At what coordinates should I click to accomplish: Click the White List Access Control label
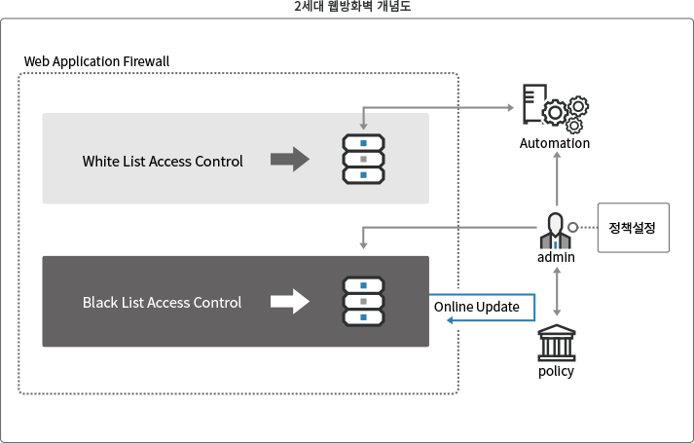pyautogui.click(x=163, y=161)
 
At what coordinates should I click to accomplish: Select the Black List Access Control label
pyautogui.click(x=162, y=303)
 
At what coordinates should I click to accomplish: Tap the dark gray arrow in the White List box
pyautogui.click(x=288, y=160)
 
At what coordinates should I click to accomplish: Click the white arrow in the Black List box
pyautogui.click(x=288, y=302)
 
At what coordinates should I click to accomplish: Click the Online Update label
pyautogui.click(x=476, y=308)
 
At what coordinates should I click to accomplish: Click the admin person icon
pyautogui.click(x=555, y=232)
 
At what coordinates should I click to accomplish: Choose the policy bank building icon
pyautogui.click(x=556, y=345)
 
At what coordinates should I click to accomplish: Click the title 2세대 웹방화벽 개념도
pyautogui.click(x=347, y=6)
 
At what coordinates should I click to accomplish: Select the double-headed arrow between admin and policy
pyautogui.click(x=556, y=292)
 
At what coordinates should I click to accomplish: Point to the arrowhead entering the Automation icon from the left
pyautogui.click(x=514, y=107)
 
